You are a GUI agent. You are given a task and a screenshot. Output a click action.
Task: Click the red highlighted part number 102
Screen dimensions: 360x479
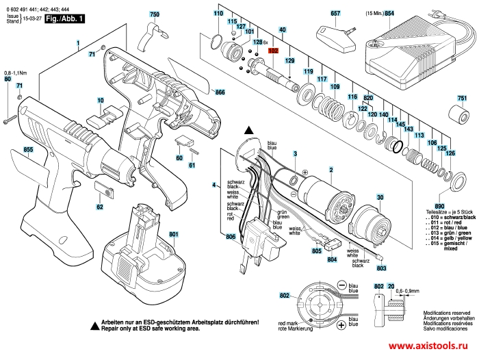tap(272, 51)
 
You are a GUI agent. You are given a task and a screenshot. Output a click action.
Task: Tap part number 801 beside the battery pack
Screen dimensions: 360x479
tap(174, 235)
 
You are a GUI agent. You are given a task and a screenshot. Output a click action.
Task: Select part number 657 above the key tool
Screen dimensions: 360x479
tap(335, 13)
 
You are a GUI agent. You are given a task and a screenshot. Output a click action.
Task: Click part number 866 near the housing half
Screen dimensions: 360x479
tap(220, 92)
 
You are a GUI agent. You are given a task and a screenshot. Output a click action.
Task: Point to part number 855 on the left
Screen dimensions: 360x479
tap(28, 149)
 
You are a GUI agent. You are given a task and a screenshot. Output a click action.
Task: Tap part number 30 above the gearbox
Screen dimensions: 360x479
tap(378, 197)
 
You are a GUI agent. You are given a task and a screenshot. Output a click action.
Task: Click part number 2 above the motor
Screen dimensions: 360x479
tap(331, 169)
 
